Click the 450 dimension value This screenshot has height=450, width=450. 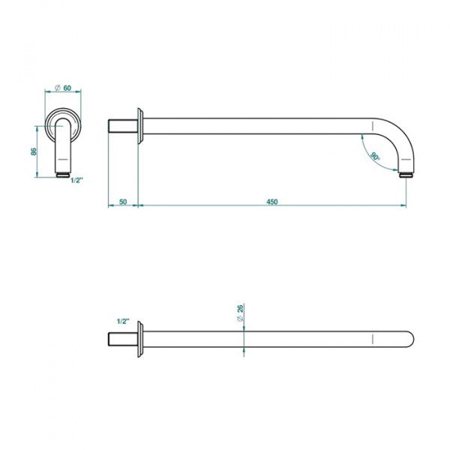point(271,202)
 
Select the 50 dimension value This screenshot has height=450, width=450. point(123,202)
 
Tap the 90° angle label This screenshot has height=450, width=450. point(375,157)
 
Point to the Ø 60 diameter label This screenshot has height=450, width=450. point(63,88)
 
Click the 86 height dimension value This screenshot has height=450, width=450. point(34,151)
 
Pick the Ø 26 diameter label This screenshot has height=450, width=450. point(241,313)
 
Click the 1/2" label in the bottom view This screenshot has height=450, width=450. point(124,321)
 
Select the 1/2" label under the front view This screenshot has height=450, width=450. point(77,180)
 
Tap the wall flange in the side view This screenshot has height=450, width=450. point(140,126)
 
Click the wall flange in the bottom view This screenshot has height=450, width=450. point(140,339)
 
